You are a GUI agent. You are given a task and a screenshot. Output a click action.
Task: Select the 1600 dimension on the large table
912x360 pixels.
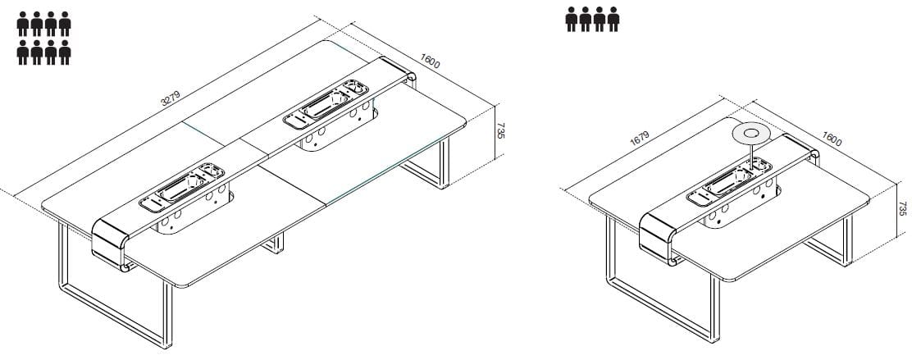(430, 61)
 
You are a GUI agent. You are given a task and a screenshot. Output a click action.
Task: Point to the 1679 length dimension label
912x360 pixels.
(639, 139)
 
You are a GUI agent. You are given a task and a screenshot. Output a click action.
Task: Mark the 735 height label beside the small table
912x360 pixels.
(902, 209)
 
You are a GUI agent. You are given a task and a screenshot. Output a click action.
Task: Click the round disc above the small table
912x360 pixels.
(752, 134)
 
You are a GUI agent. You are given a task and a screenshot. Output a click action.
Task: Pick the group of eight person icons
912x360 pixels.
(43, 38)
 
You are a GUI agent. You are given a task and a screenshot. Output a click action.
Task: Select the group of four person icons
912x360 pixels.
(592, 19)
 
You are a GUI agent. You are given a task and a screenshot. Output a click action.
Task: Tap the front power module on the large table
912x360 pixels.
(182, 187)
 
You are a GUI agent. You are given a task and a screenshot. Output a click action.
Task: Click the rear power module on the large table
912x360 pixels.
(326, 104)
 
